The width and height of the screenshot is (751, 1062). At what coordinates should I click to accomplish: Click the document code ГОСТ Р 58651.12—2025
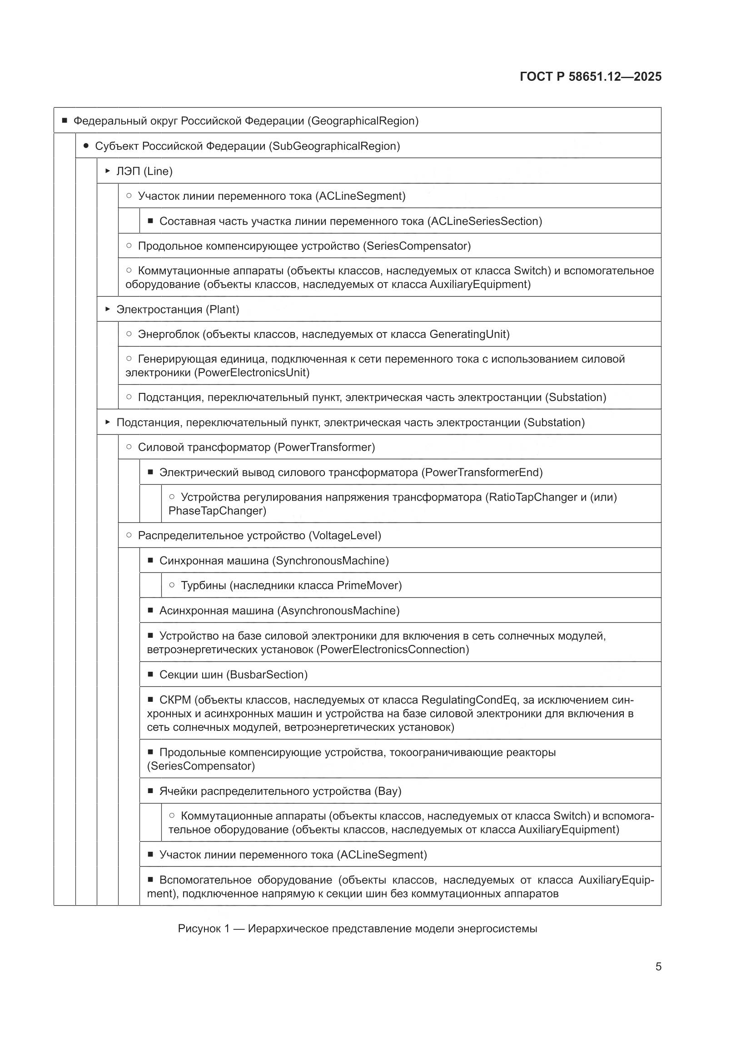point(591,76)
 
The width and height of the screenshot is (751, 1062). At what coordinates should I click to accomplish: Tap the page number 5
point(658,966)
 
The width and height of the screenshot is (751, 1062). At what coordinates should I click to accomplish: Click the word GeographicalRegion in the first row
point(364,121)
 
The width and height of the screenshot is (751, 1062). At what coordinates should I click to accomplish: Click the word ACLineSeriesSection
point(484,221)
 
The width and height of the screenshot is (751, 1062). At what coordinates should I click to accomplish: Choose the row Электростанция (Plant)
point(178,309)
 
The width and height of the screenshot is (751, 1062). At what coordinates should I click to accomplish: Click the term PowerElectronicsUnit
point(252,372)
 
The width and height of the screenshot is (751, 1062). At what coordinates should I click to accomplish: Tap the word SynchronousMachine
point(330,561)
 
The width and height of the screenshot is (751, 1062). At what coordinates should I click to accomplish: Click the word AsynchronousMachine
point(338,610)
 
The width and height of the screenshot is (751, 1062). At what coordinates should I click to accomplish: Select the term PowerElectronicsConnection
point(392,650)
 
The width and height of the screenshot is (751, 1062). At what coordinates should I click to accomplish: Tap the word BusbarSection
point(267,675)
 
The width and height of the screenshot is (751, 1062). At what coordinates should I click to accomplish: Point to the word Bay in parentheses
point(387,791)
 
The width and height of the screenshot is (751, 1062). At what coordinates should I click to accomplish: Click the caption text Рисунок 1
point(204,928)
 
